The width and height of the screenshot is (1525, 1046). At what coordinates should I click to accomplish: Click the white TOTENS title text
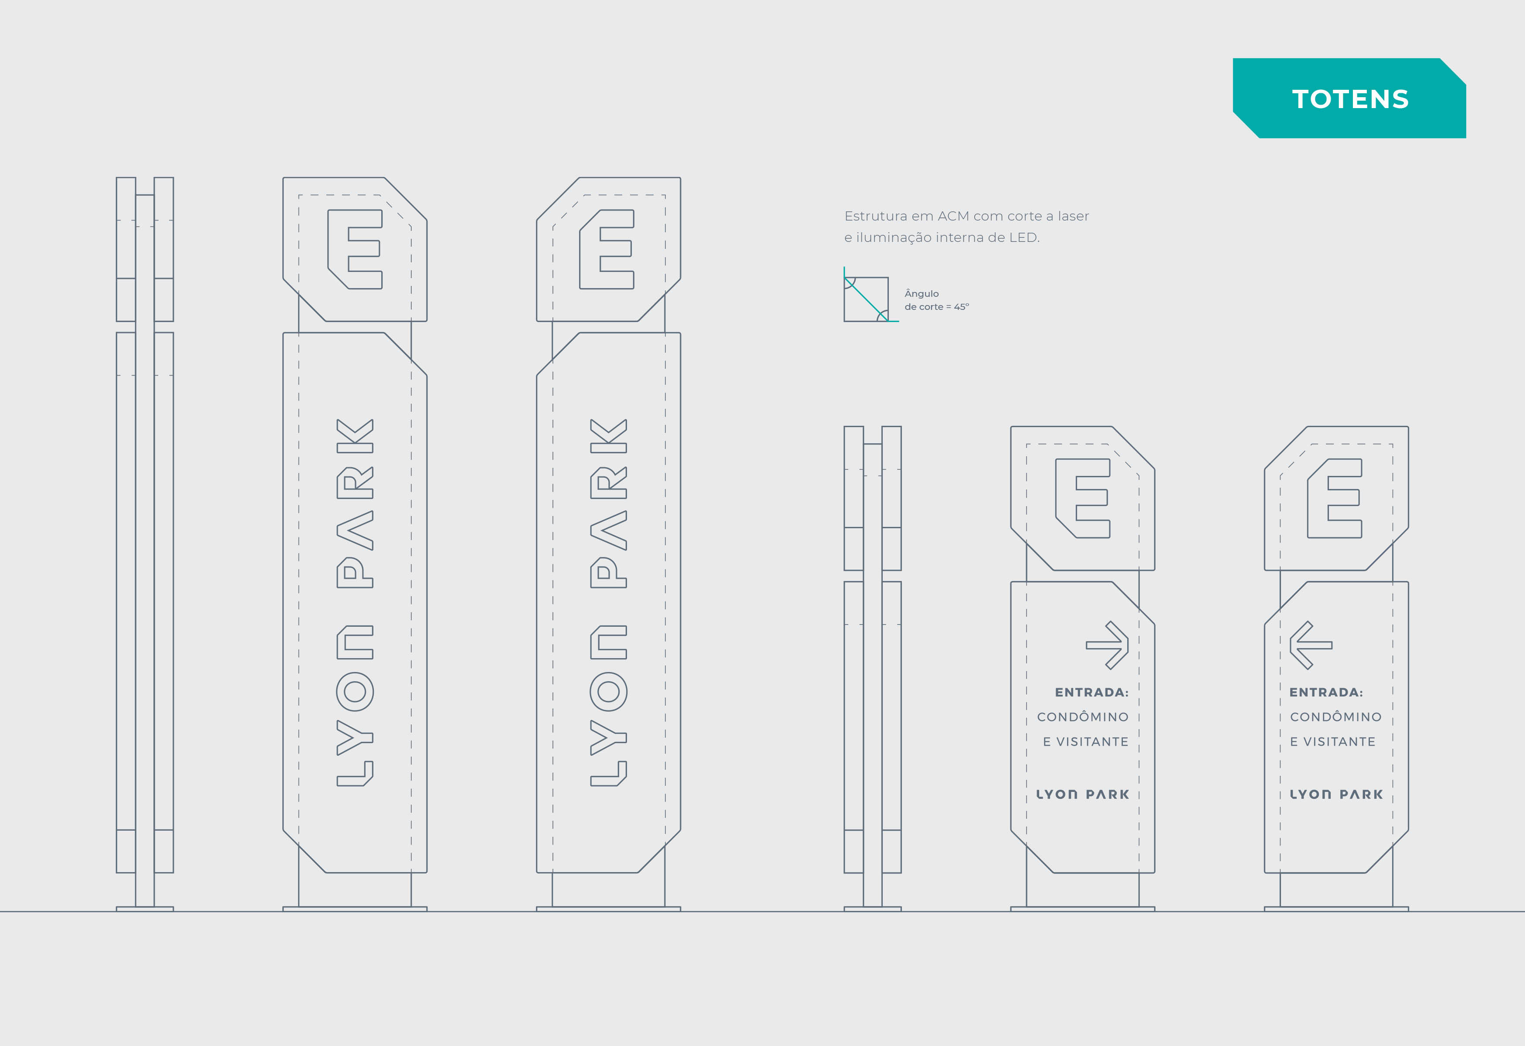point(1350,99)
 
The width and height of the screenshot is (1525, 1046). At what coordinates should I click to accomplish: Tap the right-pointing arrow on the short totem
point(1107,645)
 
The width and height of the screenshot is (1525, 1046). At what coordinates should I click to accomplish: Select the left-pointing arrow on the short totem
point(1311,645)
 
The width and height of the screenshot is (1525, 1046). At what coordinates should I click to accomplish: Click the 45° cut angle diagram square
point(866,299)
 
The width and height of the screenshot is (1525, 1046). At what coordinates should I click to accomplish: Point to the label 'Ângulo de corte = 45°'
point(936,300)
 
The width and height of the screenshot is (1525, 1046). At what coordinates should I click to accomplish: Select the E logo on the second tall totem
point(607,249)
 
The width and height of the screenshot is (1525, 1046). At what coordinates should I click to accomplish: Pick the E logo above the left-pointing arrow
point(1335,499)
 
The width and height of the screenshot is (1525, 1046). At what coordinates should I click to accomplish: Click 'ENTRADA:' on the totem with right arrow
point(1092,692)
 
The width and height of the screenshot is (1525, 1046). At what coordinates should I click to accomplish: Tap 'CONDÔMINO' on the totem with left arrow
point(1336,717)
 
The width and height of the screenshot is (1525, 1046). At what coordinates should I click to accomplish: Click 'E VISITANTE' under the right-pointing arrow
point(1086,741)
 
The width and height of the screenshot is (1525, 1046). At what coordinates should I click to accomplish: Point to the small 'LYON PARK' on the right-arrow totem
point(1083,794)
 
